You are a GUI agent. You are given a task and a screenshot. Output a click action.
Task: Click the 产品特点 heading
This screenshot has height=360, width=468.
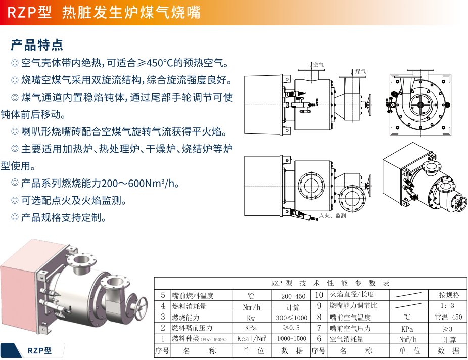click(37, 44)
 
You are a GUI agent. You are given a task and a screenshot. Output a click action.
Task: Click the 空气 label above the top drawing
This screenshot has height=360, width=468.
click(318, 65)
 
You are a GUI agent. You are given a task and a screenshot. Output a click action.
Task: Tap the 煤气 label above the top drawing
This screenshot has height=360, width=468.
click(360, 72)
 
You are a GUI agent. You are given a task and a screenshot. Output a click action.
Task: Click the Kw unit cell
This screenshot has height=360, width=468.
click(251, 318)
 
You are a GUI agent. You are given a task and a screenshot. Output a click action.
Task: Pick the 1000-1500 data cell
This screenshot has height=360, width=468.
click(292, 339)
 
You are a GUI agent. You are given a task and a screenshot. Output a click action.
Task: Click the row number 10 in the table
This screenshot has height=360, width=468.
click(319, 295)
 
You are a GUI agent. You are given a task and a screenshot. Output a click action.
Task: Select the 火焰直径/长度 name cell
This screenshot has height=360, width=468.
click(352, 295)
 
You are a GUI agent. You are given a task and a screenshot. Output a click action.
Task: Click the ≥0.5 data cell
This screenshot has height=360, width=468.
click(292, 328)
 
